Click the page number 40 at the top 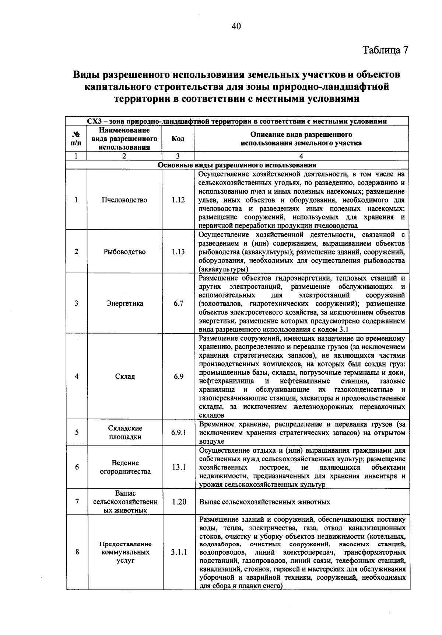pos(236,26)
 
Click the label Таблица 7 pos(386,50)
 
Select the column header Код pos(178,139)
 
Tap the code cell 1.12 pos(178,200)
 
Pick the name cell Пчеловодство pos(124,200)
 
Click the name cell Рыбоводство pos(124,252)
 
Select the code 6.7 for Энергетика pos(178,303)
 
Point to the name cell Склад pos(125,377)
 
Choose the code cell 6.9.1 pos(179,433)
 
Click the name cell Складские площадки pos(125,433)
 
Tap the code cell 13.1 pos(179,467)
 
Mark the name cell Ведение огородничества pos(125,467)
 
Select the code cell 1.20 pos(179,502)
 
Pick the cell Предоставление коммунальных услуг pos(125,552)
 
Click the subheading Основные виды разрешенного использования pos(237,165)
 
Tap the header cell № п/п pos(76,139)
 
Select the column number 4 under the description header pos(301,156)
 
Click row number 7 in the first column pos(77,502)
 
